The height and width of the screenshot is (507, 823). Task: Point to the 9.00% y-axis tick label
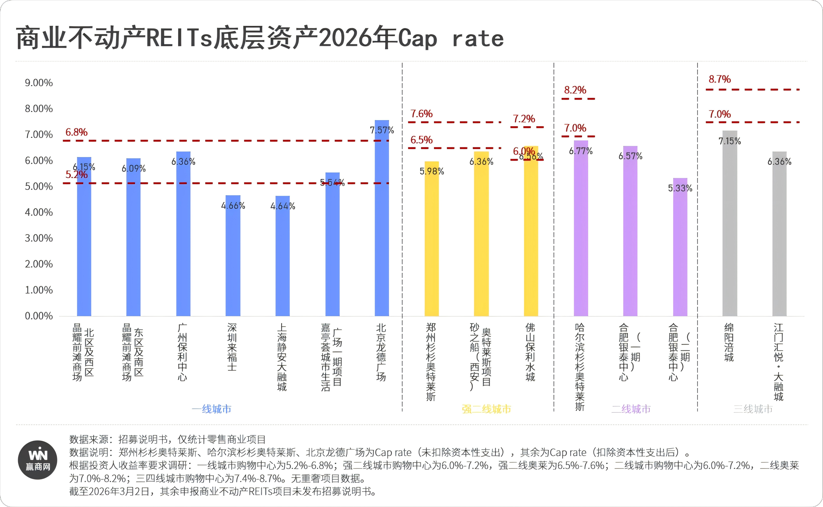pyautogui.click(x=39, y=83)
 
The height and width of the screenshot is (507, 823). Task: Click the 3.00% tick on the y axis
pyautogui.click(x=39, y=238)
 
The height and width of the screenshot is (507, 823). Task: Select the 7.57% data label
pyautogui.click(x=382, y=130)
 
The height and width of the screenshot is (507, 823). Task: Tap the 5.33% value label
pyautogui.click(x=680, y=188)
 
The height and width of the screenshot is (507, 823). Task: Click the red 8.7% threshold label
pyautogui.click(x=719, y=79)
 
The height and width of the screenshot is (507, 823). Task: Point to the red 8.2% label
pyautogui.click(x=575, y=90)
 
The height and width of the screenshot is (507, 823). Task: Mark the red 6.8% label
pyautogui.click(x=76, y=132)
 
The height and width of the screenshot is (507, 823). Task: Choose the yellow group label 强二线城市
pyautogui.click(x=486, y=409)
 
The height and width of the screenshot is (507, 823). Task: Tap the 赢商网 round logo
pyautogui.click(x=38, y=460)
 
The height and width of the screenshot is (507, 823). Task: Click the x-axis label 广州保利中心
pyautogui.click(x=182, y=352)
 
